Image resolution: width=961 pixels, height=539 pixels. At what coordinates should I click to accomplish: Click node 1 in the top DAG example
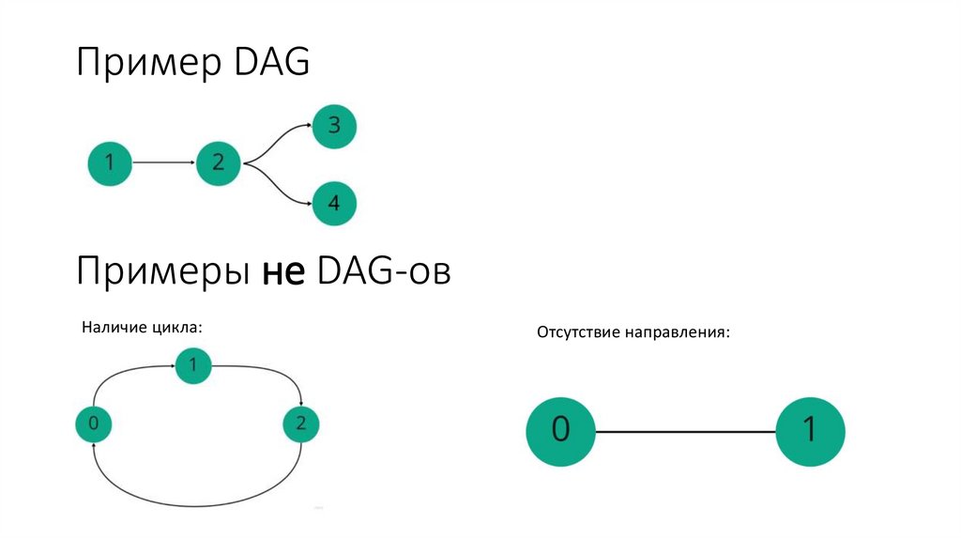pos(110,163)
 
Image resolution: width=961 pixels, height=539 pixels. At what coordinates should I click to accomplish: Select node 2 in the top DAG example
pos(219,163)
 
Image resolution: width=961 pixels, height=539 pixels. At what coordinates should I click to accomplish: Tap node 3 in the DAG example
pos(334,126)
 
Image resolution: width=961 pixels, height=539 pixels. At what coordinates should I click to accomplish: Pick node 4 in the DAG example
pos(334,202)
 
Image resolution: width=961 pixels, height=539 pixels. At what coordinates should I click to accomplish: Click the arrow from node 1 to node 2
pos(164,163)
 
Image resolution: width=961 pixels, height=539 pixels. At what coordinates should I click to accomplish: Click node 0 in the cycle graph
pos(93,423)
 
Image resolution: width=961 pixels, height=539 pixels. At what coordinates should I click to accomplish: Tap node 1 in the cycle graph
pos(193,366)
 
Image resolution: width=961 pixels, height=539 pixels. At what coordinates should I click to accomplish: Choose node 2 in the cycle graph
pos(300,423)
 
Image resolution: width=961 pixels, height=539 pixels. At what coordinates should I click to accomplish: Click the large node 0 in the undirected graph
pos(560,430)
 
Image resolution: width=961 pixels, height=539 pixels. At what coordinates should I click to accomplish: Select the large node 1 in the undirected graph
pos(811,430)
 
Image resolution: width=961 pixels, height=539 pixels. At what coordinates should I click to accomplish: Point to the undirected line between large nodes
pos(685,431)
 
